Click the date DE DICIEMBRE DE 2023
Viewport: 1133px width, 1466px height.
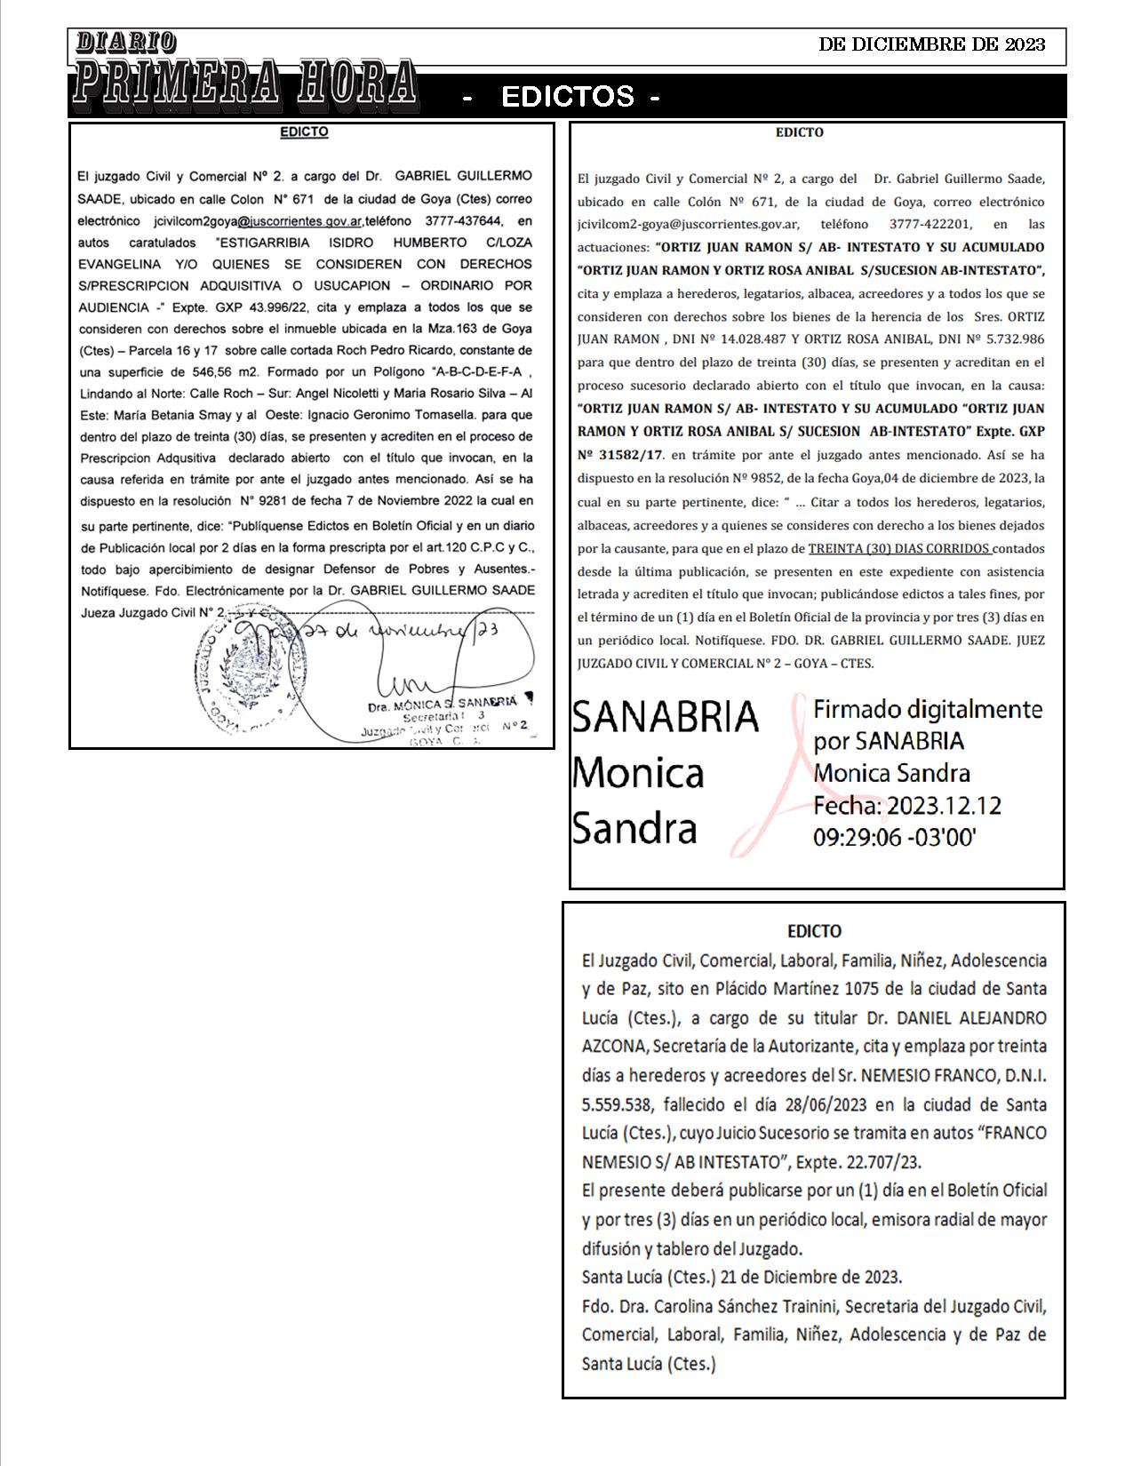tap(931, 44)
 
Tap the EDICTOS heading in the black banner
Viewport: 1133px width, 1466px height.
tap(569, 96)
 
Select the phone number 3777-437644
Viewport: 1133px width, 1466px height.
tap(463, 220)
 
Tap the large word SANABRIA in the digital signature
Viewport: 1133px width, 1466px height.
tap(666, 716)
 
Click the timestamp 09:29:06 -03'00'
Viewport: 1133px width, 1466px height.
tap(895, 837)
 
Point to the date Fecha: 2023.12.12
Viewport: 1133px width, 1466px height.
tap(907, 805)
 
